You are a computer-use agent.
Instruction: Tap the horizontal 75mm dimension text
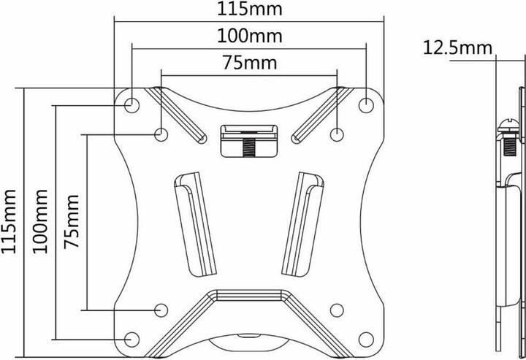tap(248, 63)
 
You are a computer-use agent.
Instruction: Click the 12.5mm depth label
tap(455, 49)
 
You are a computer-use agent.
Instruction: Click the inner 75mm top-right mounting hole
tap(336, 134)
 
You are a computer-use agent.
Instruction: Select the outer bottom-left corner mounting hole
tap(132, 338)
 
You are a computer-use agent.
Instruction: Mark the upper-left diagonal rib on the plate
tap(176, 114)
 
